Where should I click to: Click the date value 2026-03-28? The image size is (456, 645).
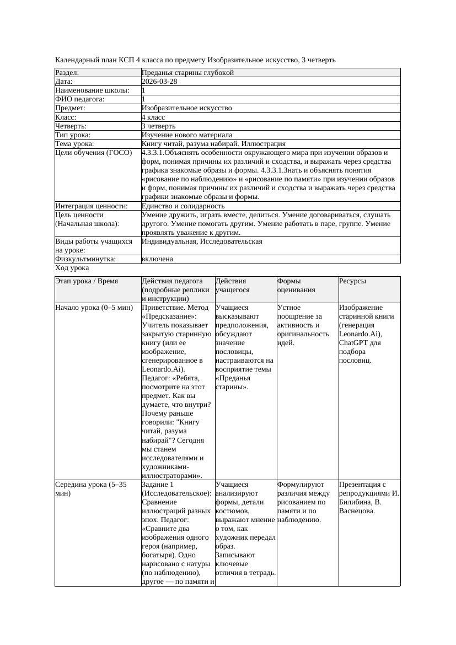coord(159,82)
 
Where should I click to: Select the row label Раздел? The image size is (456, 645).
coord(67,73)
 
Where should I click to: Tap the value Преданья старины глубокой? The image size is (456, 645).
coord(187,73)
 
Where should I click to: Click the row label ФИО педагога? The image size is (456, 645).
coord(80,99)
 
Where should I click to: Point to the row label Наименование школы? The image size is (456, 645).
coord(92,90)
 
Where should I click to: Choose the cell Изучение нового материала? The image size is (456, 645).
coord(187,135)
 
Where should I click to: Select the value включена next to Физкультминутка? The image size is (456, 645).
coord(157,259)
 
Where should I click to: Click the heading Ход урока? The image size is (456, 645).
coord(72,268)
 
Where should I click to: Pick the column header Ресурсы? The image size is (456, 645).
coord(352,281)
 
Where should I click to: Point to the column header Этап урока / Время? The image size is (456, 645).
coord(87,281)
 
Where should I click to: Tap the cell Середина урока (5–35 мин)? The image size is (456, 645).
coord(91,490)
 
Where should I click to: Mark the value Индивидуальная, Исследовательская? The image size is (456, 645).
coord(202,241)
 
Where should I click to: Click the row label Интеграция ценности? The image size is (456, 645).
coord(92,206)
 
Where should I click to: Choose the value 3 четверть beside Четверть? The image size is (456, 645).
coord(159,126)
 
